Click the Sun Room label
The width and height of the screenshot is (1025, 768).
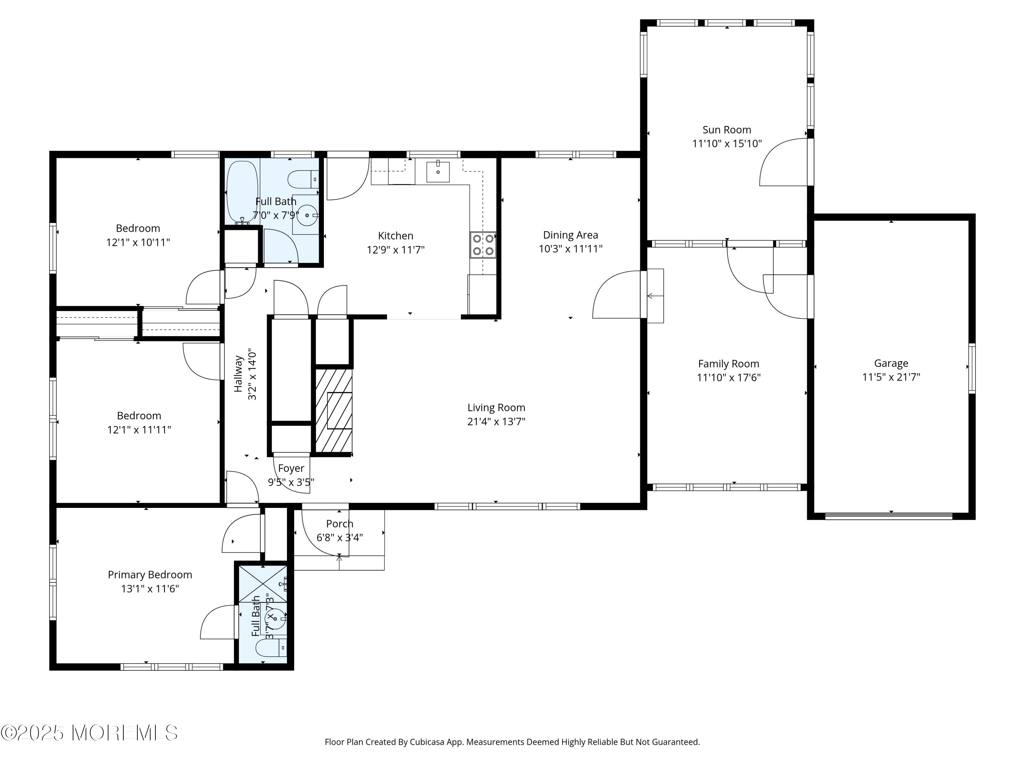point(727,130)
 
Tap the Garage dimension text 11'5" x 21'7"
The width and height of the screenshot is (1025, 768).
point(891,377)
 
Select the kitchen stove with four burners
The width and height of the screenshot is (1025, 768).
point(483,245)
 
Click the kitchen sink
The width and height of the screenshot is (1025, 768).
point(438,171)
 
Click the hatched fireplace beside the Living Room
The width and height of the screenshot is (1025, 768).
point(333,410)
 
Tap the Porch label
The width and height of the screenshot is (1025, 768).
point(340,524)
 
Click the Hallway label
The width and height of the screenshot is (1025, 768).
point(238,373)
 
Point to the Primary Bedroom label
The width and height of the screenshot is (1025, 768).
point(150,575)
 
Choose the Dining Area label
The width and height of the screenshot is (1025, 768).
point(571,235)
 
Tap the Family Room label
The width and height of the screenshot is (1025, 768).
point(728,364)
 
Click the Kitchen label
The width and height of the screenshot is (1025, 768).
point(395,236)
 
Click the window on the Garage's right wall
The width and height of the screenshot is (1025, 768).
point(972,369)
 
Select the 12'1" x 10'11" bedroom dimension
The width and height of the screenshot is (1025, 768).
point(138,242)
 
